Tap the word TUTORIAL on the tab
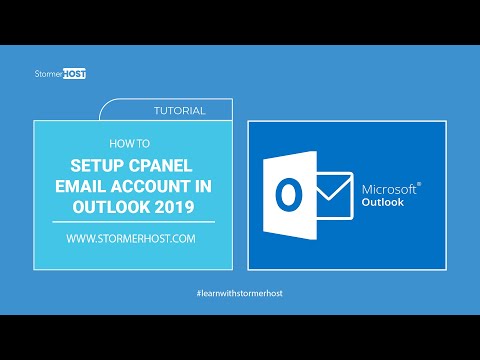click(181, 111)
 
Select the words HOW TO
click(133, 142)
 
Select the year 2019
click(176, 205)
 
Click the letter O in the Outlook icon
click(289, 195)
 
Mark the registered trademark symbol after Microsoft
click(418, 183)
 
